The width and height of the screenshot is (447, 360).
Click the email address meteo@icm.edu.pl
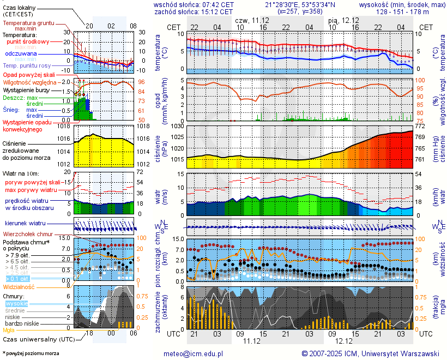(x=194, y=353)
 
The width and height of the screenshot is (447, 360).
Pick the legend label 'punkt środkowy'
(x=28, y=41)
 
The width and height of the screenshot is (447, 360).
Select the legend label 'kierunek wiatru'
(x=26, y=224)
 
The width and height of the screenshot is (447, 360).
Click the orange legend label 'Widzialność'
(x=19, y=286)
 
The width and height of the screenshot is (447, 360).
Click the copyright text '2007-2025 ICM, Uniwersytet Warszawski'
(x=371, y=353)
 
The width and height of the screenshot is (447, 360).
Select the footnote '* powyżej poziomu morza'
(x=31, y=353)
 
